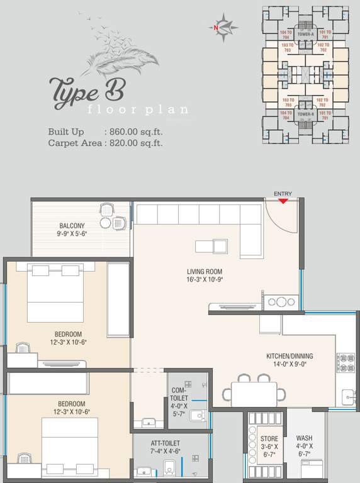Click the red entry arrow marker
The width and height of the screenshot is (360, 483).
coord(283,201)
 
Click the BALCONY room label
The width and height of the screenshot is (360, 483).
coord(72,226)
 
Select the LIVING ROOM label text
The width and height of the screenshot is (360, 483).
coord(205,272)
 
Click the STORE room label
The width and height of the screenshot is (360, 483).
coord(269,438)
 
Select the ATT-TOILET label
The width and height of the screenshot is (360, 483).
coord(166,443)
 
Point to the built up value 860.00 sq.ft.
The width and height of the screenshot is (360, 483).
coord(133,132)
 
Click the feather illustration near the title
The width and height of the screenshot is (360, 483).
coord(123,53)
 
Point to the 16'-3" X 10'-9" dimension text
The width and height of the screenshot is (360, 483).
coord(205,280)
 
